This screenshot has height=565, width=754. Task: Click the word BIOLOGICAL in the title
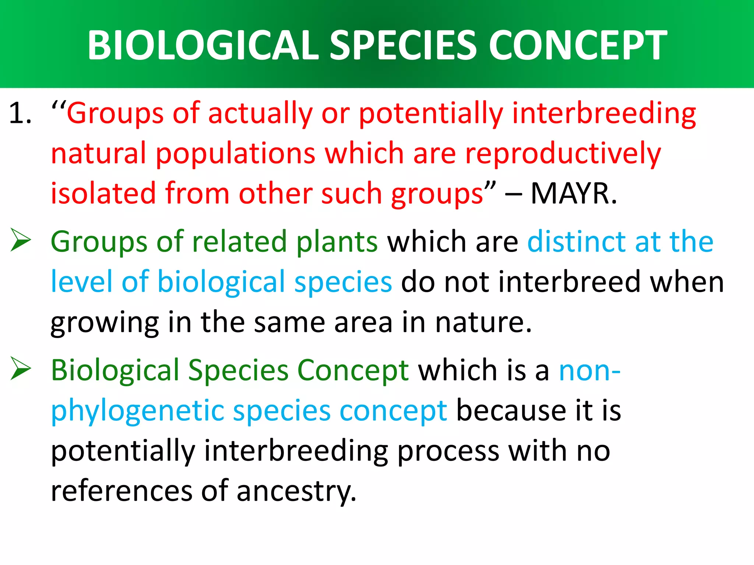202,45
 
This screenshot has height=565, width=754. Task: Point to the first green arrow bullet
21,240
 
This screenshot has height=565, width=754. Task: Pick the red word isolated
103,194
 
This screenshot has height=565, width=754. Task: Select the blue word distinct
577,242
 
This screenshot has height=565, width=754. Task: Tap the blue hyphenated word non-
589,371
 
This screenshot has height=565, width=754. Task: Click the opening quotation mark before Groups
58,107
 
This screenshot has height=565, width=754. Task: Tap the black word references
121,491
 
